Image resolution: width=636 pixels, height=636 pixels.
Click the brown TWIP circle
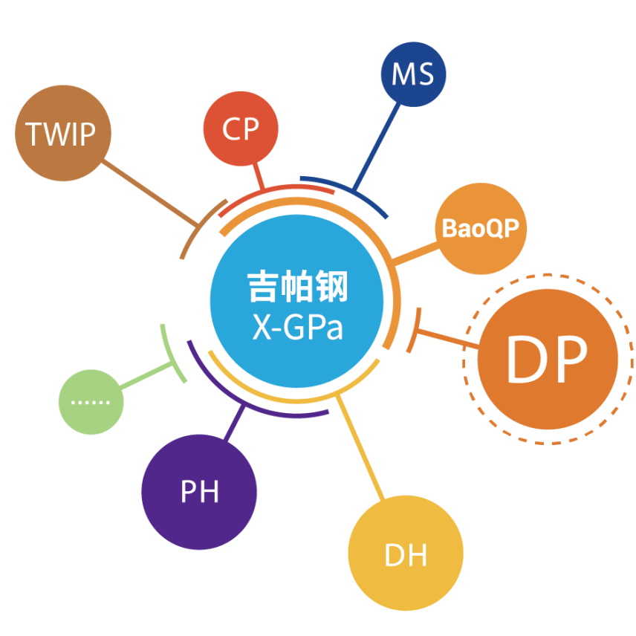62,134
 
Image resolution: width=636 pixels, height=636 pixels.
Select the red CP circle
241,129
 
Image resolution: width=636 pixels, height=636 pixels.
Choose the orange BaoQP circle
480,229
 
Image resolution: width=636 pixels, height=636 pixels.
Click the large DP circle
547,360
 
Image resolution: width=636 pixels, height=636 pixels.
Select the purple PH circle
199,491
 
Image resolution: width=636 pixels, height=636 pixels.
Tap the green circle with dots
91,402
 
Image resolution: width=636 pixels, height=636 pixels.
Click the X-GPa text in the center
297,328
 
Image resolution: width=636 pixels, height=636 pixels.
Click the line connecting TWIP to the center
152,193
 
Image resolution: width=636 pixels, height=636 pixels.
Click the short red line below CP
258,176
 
